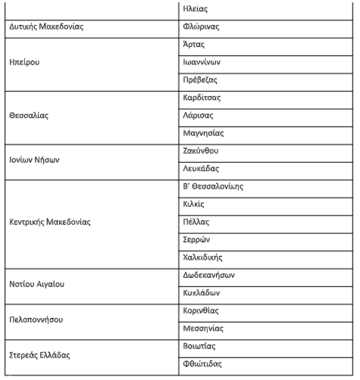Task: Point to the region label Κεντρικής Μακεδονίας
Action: tap(49, 223)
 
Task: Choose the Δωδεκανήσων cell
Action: tap(209, 275)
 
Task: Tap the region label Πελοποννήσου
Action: tap(36, 320)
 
